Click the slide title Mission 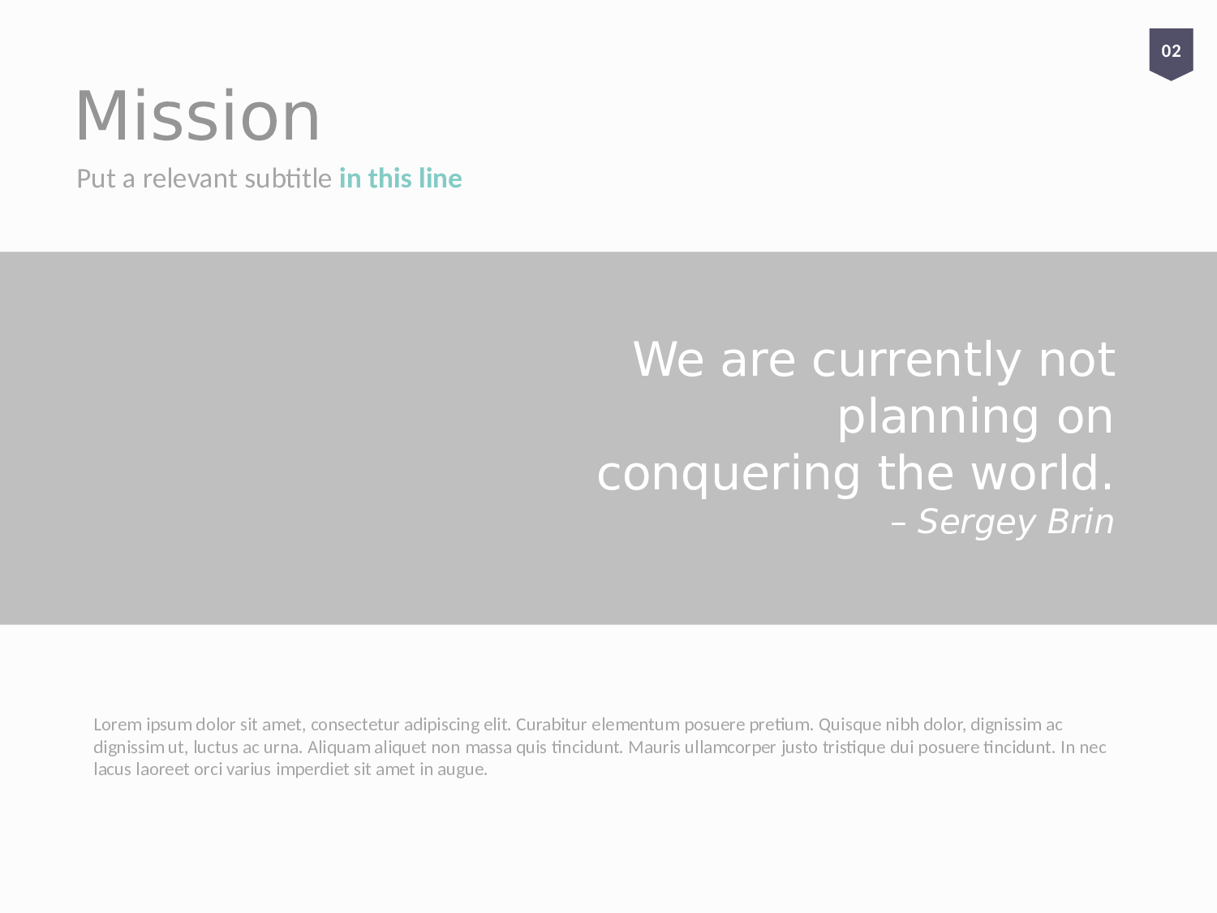click(197, 115)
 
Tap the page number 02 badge click(1171, 54)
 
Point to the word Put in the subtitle click(97, 179)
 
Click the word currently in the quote click(916, 360)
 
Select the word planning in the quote click(938, 417)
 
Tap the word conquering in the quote click(729, 475)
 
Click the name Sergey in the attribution click(976, 522)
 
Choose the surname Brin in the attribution click(1080, 522)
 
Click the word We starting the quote click(668, 360)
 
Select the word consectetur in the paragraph click(355, 725)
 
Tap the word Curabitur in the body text click(551, 725)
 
